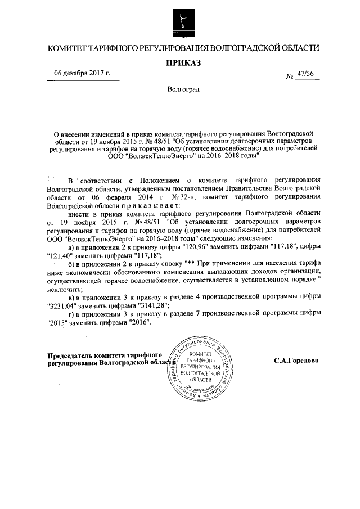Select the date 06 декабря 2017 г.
[x=82, y=74]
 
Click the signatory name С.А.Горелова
[x=296, y=361]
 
